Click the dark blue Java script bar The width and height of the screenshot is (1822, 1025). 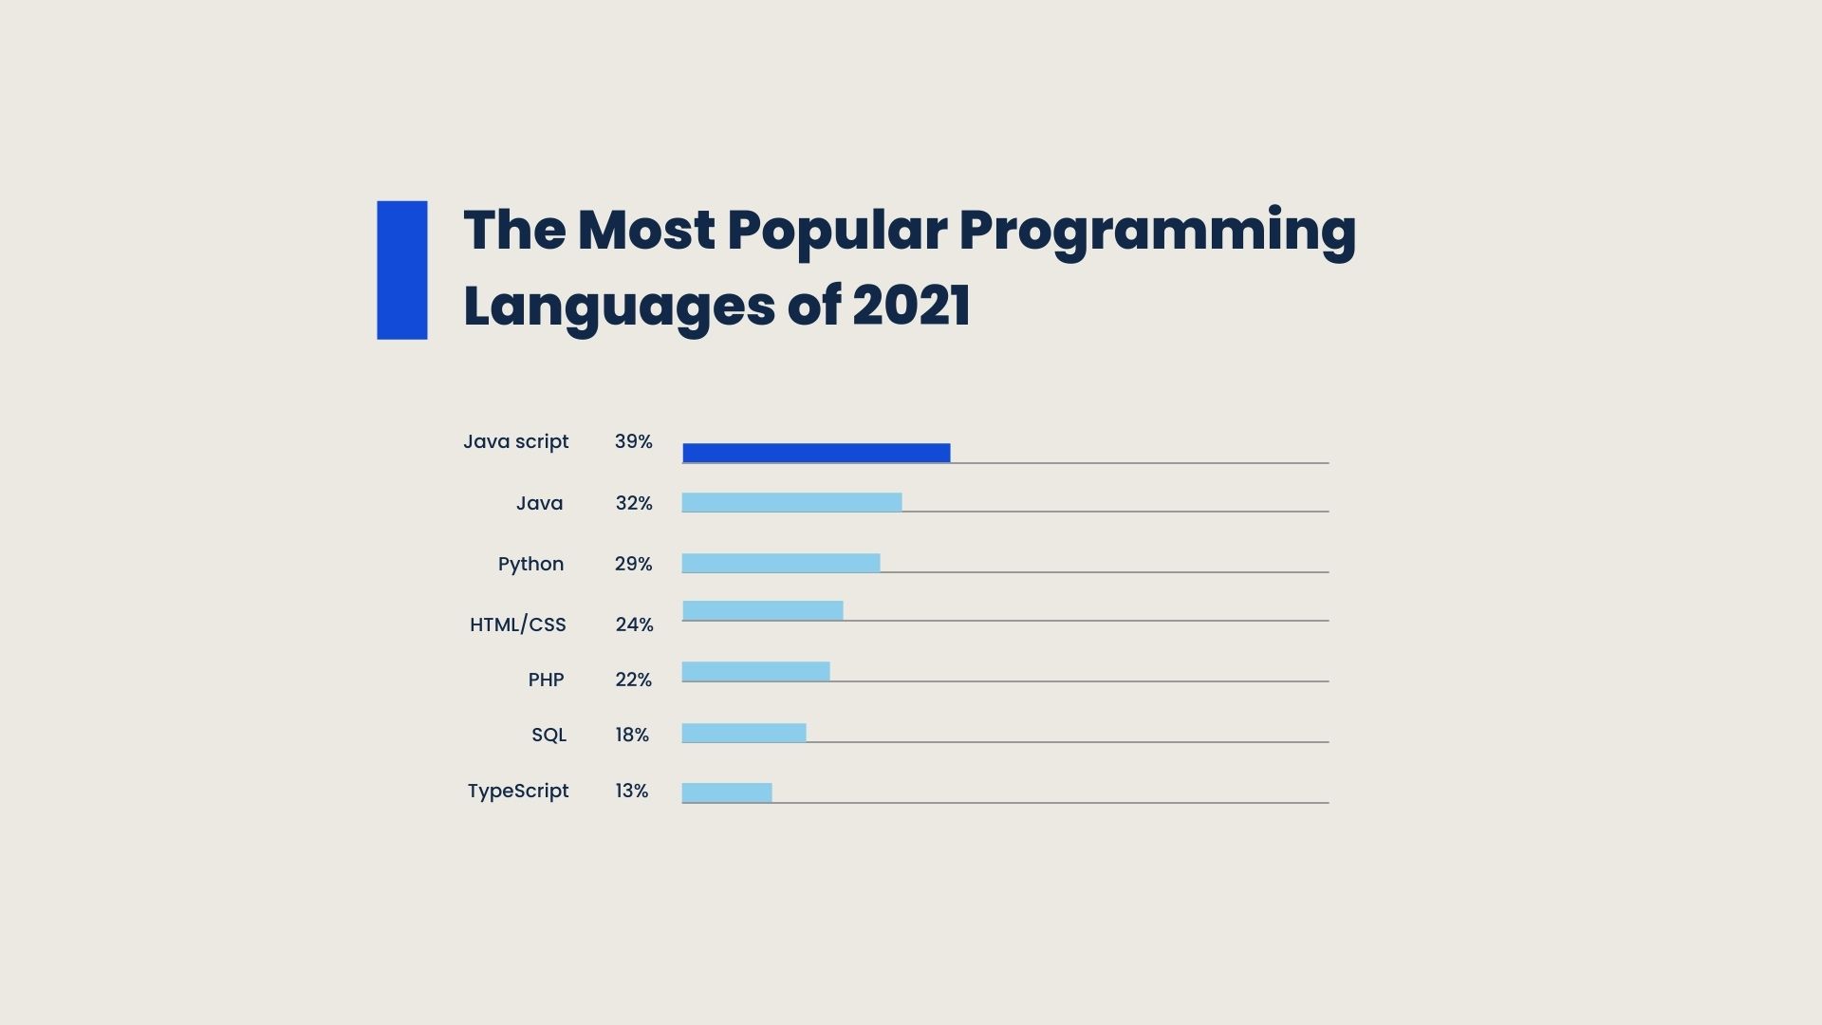point(816,453)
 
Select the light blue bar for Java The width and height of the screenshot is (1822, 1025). point(791,502)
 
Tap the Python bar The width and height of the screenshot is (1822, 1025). point(780,563)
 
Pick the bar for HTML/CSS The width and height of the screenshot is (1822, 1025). point(762,610)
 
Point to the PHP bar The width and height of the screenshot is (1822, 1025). point(755,671)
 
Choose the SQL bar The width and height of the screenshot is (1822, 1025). point(744,733)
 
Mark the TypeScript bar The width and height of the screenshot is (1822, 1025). point(727,792)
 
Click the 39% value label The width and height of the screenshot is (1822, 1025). point(633,441)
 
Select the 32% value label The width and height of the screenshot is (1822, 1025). point(634,503)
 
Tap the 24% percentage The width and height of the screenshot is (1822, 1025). point(634,624)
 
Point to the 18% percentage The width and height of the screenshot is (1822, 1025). point(632,735)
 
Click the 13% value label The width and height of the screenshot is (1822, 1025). point(631,791)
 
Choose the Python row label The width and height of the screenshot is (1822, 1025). point(530,564)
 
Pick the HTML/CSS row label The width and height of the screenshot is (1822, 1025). point(517,624)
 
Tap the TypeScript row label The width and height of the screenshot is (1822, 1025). point(517,791)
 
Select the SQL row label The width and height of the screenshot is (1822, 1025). point(548,735)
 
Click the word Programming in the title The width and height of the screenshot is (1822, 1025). point(1157,231)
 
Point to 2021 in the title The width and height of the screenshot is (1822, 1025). point(911,306)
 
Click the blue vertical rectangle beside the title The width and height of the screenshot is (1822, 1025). point(401,270)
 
